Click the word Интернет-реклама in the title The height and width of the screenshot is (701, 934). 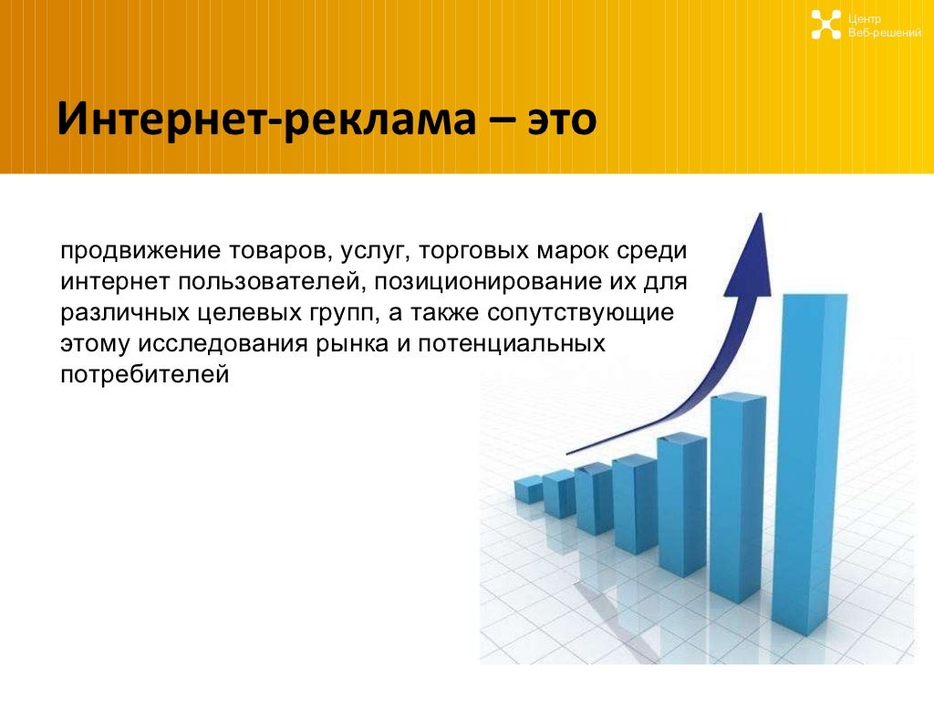coord(266,120)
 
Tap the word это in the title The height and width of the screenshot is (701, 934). coord(562,120)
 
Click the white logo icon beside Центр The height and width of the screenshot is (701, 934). coord(825,25)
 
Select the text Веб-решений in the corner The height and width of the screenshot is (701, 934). coord(885,33)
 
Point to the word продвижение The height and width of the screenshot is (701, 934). coord(140,251)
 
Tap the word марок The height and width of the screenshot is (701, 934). coord(572,252)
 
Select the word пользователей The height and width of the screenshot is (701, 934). coord(271,282)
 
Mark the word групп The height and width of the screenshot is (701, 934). coord(344,314)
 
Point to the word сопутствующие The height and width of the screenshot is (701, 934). coord(580,314)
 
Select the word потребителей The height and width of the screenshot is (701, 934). coord(145,375)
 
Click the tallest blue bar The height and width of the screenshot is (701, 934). coord(810,465)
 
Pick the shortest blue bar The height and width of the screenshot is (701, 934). coord(528,490)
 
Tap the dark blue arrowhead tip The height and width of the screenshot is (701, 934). coord(760,214)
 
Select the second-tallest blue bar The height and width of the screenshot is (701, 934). coord(737,498)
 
